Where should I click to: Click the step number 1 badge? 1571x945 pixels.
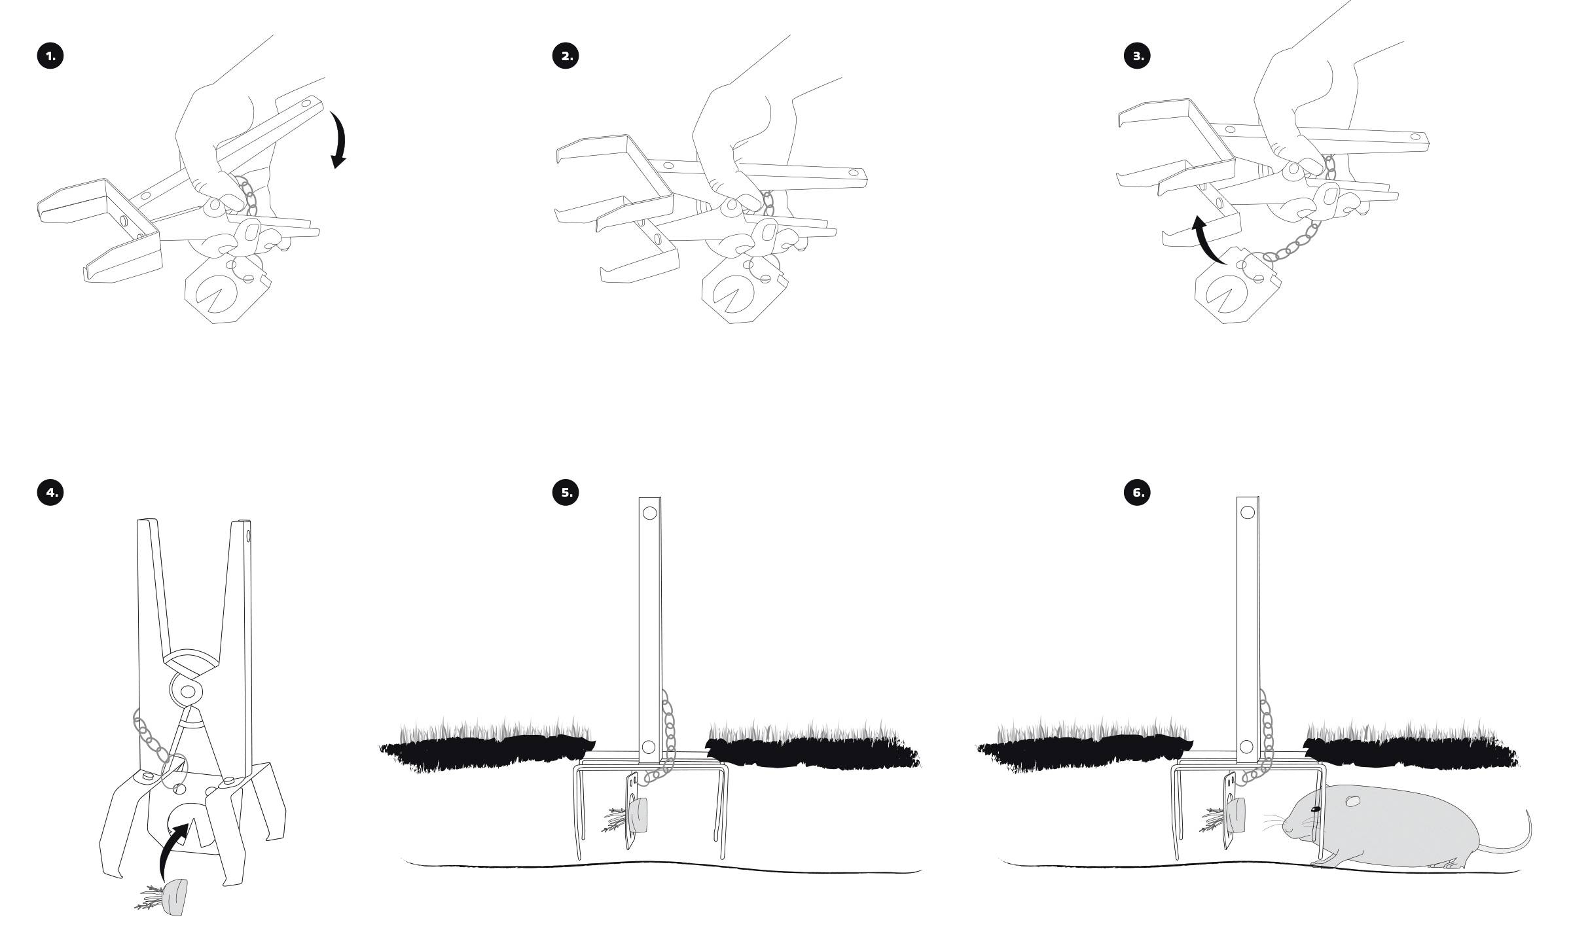click(50, 56)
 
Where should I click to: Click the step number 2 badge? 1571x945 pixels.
click(566, 56)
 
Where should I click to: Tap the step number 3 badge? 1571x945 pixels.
click(1138, 56)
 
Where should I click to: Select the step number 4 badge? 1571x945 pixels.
click(50, 491)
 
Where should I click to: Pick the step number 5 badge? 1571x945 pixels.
click(566, 491)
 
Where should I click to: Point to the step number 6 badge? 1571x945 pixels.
click(1138, 491)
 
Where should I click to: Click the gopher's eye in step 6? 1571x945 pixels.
click(1316, 810)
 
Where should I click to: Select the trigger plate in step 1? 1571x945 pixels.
click(223, 294)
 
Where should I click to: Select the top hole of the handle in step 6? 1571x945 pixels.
click(1247, 512)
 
